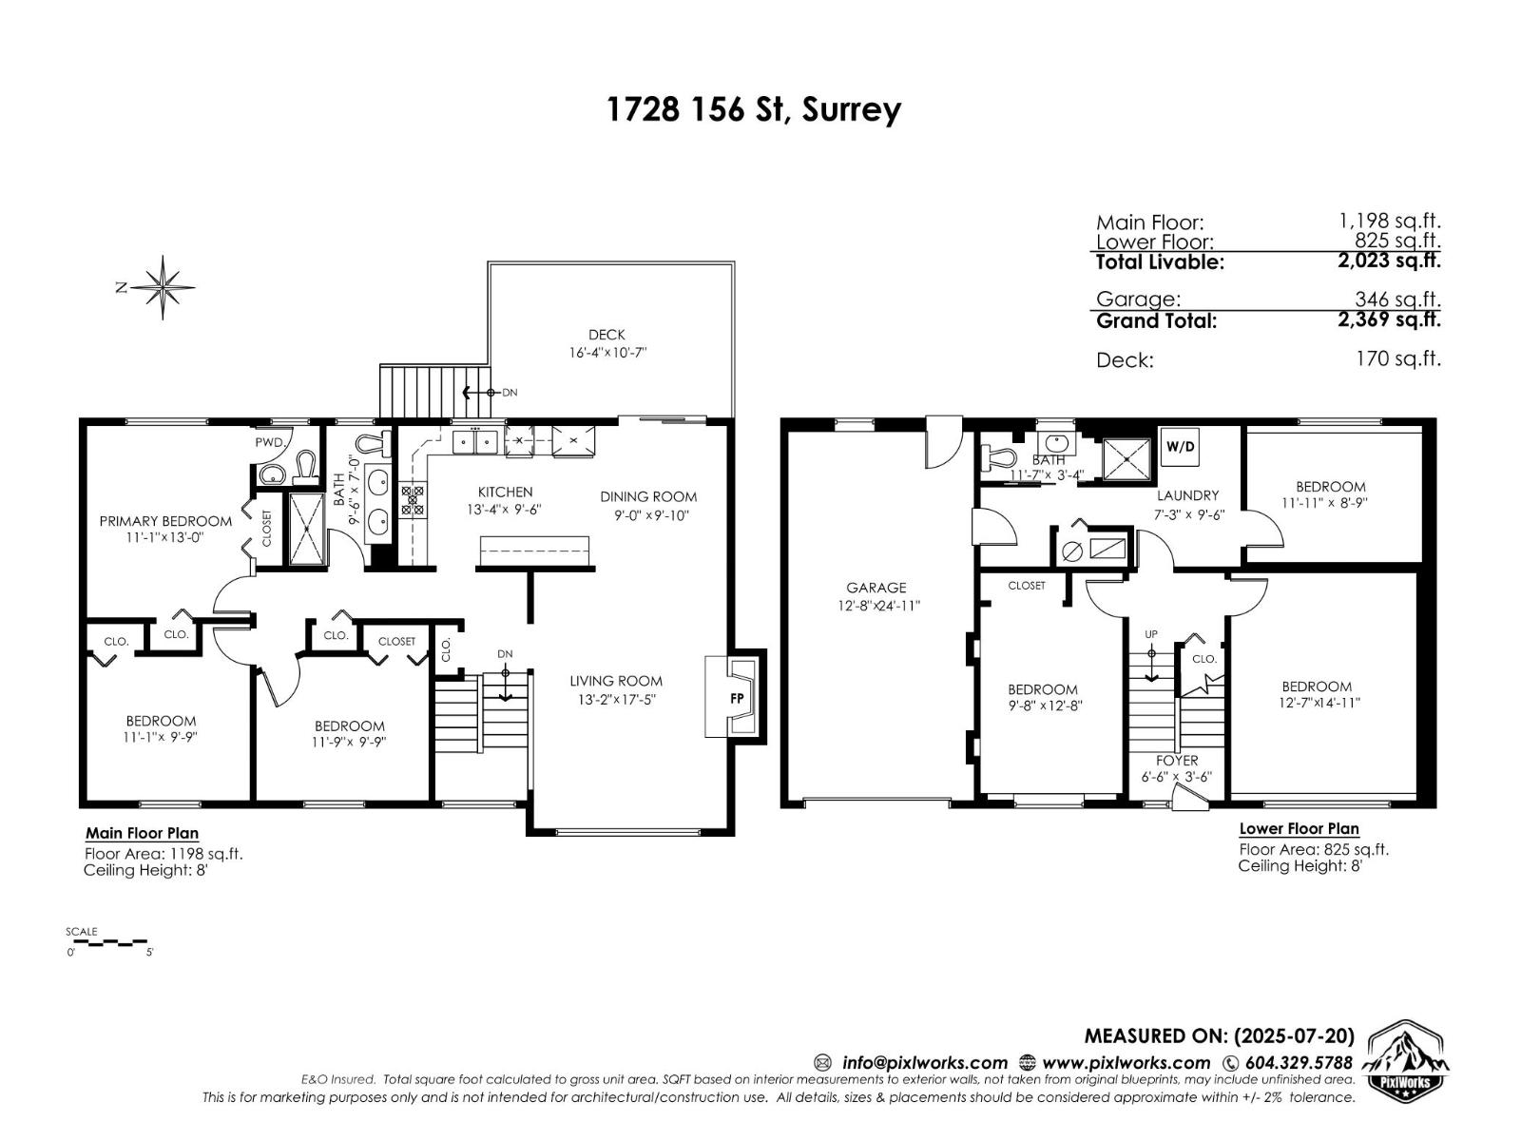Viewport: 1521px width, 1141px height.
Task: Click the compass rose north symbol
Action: (164, 286)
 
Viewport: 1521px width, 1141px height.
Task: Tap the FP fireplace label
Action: (737, 698)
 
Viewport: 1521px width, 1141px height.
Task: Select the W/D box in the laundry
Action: (1180, 447)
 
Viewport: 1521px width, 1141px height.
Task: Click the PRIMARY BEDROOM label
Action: (165, 521)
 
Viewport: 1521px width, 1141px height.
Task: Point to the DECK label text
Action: (606, 335)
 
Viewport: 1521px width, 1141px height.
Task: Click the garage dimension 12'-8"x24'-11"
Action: (876, 605)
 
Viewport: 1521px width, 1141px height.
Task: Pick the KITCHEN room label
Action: (505, 492)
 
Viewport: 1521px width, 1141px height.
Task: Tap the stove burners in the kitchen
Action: (414, 501)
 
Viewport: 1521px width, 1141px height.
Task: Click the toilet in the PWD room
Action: (306, 468)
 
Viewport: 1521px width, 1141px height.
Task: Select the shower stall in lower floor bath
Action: (1126, 460)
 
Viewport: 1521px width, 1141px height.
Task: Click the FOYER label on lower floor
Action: (1177, 761)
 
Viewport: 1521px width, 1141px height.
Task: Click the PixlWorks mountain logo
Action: (1408, 1059)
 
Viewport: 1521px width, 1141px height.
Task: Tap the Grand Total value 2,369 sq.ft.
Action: (1388, 319)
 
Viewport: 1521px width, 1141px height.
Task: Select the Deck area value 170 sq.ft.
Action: (1397, 359)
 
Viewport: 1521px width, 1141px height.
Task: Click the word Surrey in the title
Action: (851, 110)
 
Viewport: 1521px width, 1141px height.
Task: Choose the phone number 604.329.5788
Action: (1298, 1063)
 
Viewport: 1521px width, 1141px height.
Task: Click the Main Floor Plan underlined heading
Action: (143, 834)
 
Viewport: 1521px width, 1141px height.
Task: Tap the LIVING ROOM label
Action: (616, 681)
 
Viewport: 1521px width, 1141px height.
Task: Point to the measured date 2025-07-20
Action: (1293, 1036)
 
